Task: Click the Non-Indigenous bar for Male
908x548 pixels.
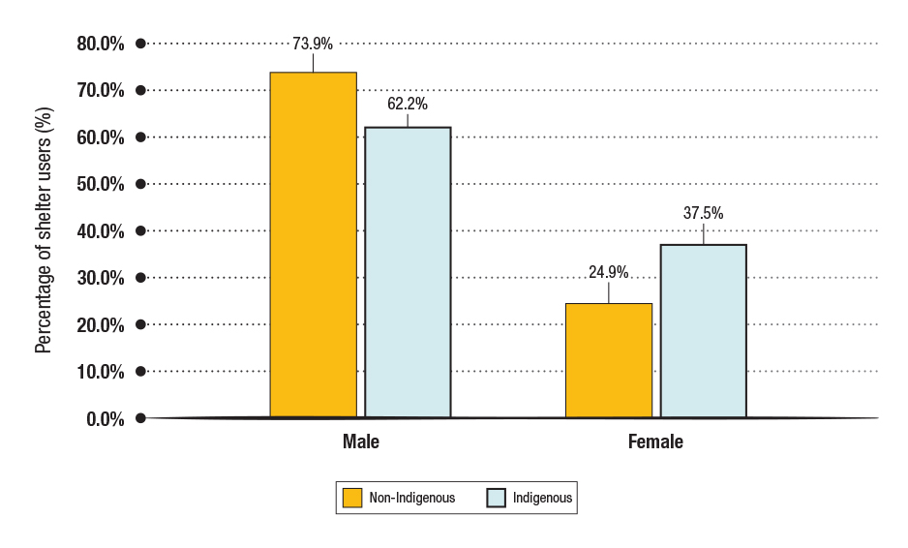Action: (313, 245)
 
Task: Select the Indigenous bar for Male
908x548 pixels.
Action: (408, 272)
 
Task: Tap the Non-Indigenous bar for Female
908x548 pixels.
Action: (609, 360)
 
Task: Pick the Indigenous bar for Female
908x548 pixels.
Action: (703, 331)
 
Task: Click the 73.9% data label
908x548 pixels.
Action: (313, 44)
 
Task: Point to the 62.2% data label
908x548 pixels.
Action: (408, 103)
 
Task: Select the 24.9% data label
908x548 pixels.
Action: (609, 273)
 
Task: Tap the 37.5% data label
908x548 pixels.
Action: (704, 214)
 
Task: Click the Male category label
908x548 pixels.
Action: (361, 442)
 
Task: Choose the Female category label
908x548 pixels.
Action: (655, 442)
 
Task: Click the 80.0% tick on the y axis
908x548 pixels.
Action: (101, 44)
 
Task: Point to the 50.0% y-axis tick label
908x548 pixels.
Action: (101, 184)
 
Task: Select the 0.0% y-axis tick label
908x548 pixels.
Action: (105, 418)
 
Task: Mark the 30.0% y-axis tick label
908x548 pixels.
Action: (101, 278)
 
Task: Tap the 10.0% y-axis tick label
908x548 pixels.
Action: (101, 372)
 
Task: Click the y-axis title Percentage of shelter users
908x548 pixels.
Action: (44, 230)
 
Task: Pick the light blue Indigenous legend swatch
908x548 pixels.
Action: (495, 498)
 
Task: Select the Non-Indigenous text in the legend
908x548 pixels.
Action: (412, 498)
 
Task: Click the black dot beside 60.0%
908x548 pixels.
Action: (140, 137)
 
